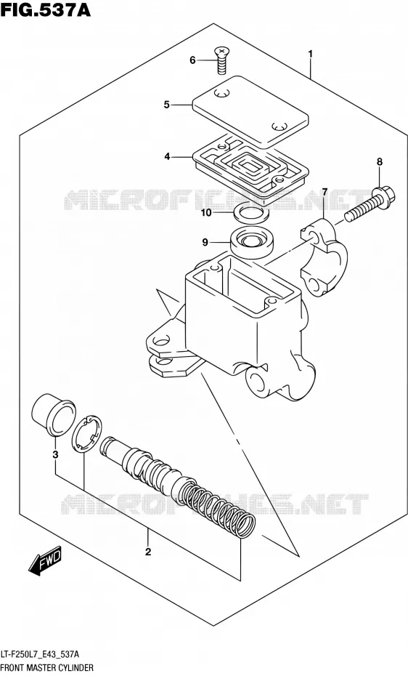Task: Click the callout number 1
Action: tap(310, 55)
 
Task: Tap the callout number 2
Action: tap(148, 552)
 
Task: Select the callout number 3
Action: tap(55, 454)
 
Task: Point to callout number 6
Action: tap(193, 60)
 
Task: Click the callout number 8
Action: tap(379, 162)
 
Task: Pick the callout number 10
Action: tap(206, 212)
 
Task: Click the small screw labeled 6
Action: tap(221, 61)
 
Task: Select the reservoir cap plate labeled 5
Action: tap(251, 111)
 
